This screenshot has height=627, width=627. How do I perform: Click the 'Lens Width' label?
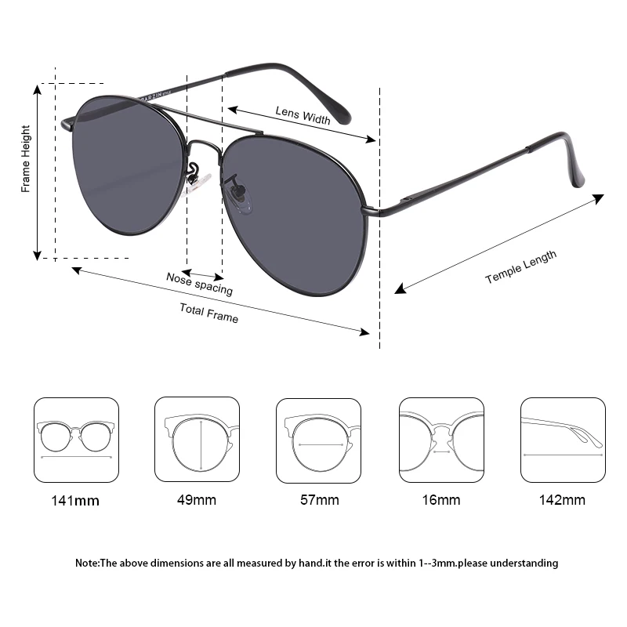pos(303,115)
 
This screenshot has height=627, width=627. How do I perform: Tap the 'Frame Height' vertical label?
pos(26,159)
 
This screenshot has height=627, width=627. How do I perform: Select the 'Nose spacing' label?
pos(199,282)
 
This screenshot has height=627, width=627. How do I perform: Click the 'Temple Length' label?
pos(520,267)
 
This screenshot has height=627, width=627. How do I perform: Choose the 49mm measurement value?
pos(196,499)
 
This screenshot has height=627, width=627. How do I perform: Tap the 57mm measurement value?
pos(318,499)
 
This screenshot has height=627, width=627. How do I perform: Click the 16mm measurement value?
pos(440,499)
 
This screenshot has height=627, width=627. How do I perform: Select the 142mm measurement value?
pos(563,499)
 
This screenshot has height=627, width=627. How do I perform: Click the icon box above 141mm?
pos(76,440)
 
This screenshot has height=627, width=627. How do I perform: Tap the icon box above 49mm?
pos(197,440)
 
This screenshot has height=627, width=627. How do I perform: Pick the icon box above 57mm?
pos(318,440)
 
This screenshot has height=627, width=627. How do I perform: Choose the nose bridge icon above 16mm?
pos(441,440)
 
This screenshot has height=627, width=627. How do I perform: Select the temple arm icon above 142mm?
pos(563,440)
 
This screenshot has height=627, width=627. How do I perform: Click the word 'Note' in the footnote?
pos(85,563)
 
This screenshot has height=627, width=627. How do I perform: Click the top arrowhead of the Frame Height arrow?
pos(37,89)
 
